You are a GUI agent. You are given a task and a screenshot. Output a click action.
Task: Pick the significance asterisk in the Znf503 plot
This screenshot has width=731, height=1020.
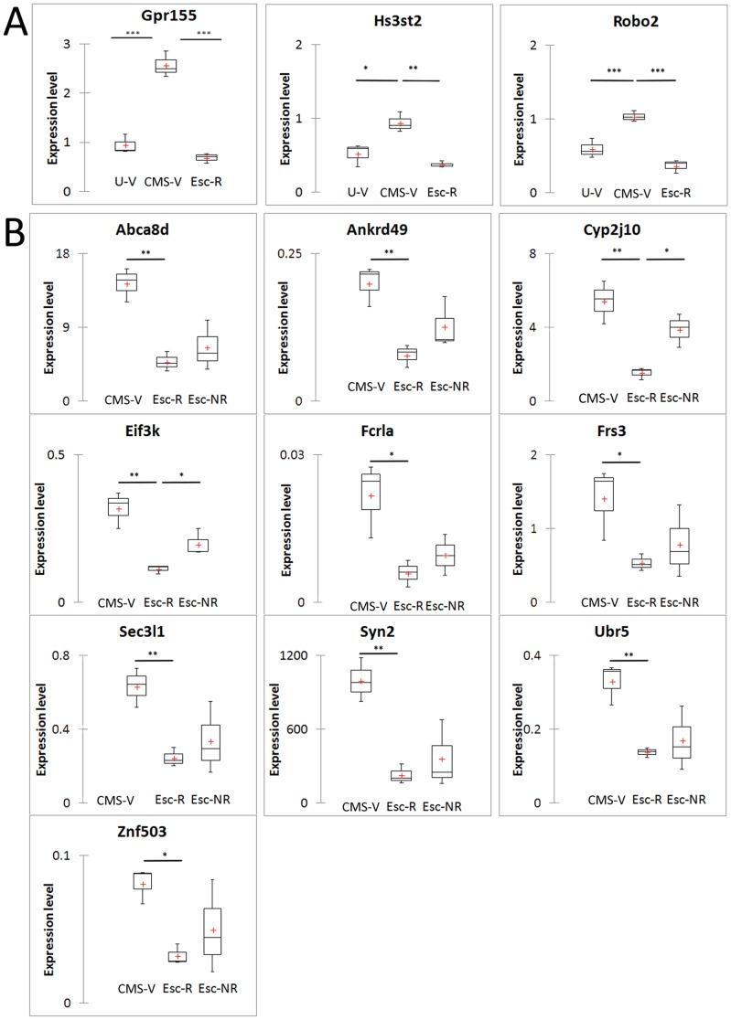[163, 853]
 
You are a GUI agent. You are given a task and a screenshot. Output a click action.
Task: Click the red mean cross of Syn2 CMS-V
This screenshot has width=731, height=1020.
[361, 682]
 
